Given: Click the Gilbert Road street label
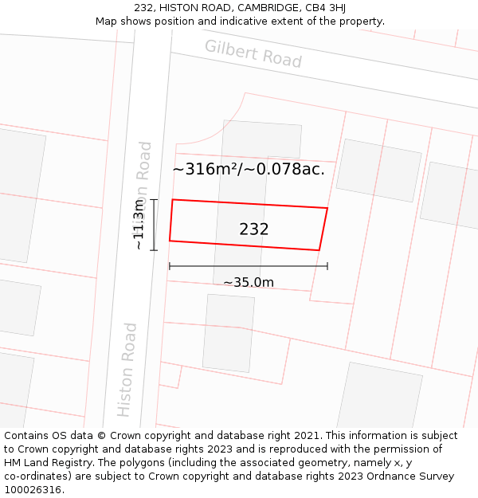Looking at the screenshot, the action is click(253, 53).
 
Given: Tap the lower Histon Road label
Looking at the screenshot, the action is click(127, 369).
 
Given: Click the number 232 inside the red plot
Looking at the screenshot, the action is click(254, 229).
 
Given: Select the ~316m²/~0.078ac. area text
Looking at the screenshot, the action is click(249, 169).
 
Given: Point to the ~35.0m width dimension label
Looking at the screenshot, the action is click(249, 282).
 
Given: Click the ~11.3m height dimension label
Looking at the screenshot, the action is click(139, 225).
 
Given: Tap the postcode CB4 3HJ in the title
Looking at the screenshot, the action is click(326, 8).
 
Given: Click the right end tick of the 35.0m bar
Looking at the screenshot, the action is click(327, 266).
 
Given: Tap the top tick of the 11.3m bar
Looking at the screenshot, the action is click(154, 200).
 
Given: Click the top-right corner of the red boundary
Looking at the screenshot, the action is click(327, 208).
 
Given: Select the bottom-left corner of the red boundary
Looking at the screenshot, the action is click(170, 241).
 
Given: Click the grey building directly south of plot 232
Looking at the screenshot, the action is click(229, 333).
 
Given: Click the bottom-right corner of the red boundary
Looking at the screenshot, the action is click(319, 250).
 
